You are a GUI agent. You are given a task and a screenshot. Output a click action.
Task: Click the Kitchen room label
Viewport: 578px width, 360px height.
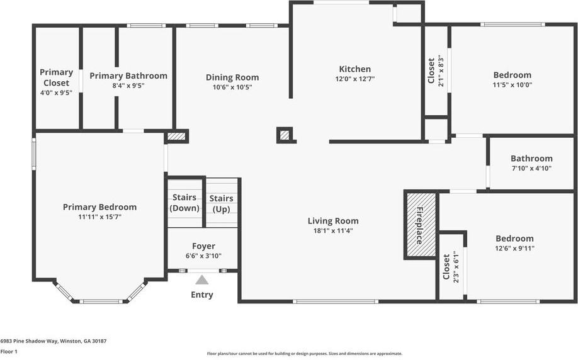pos(354,69)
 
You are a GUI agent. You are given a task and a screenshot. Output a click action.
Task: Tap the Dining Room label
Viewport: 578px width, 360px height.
pos(232,77)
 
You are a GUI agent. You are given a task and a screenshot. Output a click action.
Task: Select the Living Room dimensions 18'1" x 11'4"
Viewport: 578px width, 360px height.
pos(333,230)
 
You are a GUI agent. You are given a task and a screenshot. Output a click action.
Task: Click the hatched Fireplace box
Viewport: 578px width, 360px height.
pos(421,225)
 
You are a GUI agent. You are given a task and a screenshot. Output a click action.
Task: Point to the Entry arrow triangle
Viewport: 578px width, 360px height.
pos(201,280)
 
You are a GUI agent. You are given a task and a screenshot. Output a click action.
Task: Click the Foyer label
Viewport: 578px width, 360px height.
pos(203,246)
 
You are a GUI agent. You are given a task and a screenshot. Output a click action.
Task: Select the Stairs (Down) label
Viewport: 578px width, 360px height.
pos(184,203)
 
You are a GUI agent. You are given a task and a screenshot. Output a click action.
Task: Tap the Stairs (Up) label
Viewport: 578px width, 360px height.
pos(221,203)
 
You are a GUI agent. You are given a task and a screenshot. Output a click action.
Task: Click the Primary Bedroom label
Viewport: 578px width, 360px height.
pos(99,207)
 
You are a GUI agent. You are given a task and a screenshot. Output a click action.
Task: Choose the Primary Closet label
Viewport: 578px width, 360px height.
pos(56,77)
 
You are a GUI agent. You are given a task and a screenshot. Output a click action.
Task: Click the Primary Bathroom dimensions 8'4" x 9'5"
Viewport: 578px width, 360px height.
pos(128,86)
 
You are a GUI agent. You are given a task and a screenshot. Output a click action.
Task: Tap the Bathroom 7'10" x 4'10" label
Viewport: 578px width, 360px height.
pos(531,159)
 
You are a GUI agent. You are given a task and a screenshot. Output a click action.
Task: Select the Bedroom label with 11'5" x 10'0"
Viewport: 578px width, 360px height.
pos(512,75)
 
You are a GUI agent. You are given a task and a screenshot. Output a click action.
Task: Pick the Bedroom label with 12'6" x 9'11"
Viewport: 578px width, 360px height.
pos(514,239)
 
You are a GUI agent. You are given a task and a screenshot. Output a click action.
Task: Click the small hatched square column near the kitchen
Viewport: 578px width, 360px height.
pos(285,135)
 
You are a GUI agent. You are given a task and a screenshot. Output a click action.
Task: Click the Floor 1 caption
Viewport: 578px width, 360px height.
pos(9,352)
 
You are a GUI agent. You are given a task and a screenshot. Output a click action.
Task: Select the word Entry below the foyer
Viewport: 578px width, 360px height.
pos(201,295)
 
